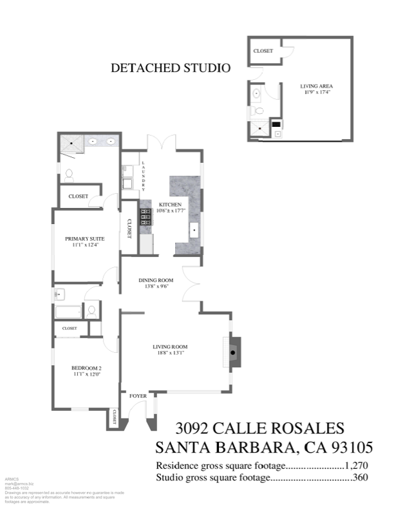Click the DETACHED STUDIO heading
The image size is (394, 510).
(171, 67)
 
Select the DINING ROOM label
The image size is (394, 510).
(157, 280)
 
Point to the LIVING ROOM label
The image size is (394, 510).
(170, 348)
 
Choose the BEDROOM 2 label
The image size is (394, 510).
(86, 368)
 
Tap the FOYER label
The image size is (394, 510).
(138, 395)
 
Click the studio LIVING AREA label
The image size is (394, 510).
(317, 86)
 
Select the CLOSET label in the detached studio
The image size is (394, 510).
(263, 51)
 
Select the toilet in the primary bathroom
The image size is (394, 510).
(70, 174)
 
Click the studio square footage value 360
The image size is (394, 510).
(359, 478)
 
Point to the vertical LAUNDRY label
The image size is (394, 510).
(144, 175)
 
